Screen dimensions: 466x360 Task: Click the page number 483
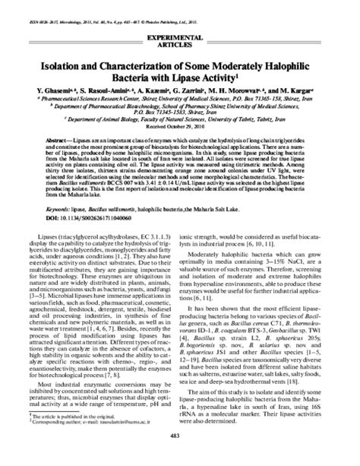click(180, 455)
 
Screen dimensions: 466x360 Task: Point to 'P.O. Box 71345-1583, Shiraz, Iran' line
click(180, 110)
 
